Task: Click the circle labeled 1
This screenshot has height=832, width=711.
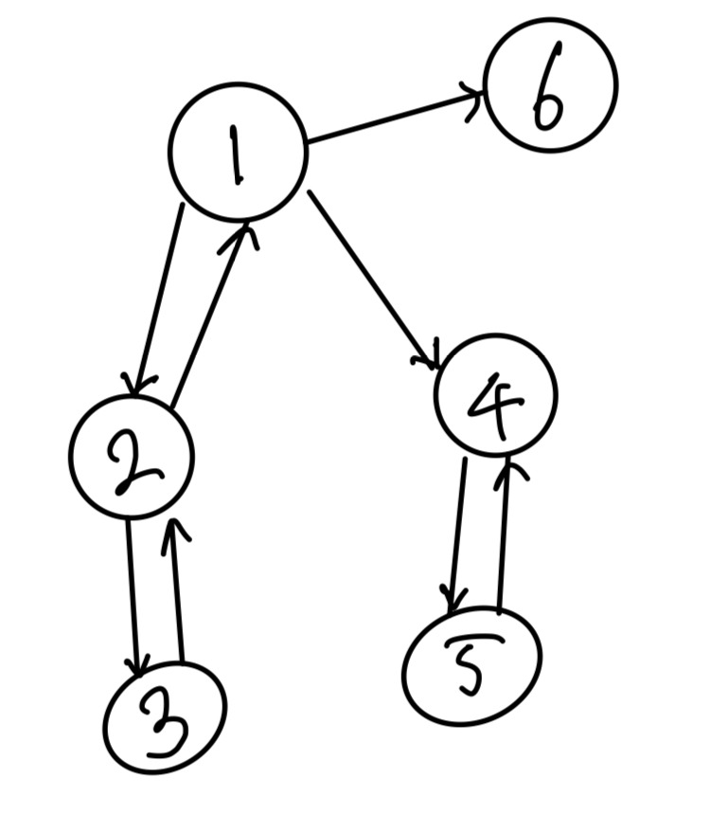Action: pos(238,153)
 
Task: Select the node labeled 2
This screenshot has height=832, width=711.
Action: pos(132,457)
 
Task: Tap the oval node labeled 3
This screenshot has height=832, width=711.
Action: pos(165,718)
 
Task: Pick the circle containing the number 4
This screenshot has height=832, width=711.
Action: pos(495,396)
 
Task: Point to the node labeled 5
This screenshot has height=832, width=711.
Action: pos(471,666)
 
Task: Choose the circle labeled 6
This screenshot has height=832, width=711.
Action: pos(550,84)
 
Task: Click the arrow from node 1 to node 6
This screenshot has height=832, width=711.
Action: pos(396,118)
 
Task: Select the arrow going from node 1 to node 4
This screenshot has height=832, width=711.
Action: pos(372,280)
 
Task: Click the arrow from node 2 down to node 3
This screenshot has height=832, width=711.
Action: pos(133,592)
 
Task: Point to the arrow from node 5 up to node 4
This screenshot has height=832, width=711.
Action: pos(505,535)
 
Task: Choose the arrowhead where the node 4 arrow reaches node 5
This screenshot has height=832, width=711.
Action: pos(453,603)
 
